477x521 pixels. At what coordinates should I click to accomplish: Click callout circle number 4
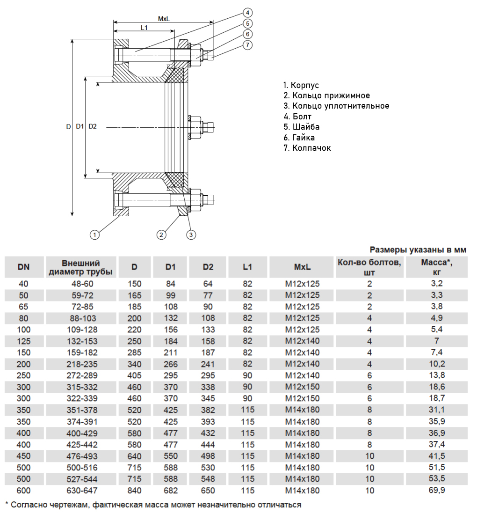click(x=247, y=12)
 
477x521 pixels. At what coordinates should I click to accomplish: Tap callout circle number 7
click(x=247, y=45)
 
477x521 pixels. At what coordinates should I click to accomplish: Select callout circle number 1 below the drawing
click(x=95, y=234)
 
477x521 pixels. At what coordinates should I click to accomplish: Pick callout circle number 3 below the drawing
click(x=191, y=234)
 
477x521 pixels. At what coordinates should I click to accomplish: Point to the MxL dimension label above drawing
click(x=163, y=19)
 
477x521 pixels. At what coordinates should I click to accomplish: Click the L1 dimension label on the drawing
click(x=144, y=28)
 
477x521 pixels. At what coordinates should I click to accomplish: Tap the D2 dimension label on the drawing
click(x=93, y=126)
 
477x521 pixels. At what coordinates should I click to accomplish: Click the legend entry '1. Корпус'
click(x=301, y=85)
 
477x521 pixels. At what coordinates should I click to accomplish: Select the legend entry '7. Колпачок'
click(x=306, y=148)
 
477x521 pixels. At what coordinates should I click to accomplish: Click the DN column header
click(x=24, y=267)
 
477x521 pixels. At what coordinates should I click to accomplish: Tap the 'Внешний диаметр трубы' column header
click(x=81, y=267)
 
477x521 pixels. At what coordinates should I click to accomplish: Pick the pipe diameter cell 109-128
click(x=81, y=330)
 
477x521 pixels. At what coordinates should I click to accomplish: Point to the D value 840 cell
click(x=135, y=491)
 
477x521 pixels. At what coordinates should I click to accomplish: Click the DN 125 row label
click(x=24, y=341)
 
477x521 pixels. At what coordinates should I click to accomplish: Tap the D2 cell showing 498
click(x=208, y=456)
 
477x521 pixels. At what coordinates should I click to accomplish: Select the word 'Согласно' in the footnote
click(x=27, y=505)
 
